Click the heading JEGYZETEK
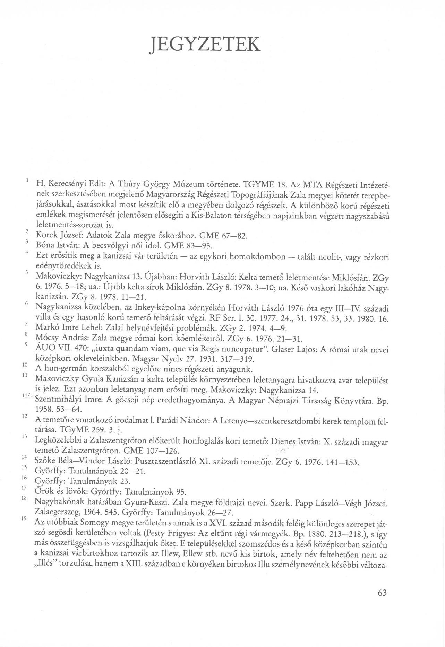click(x=205, y=44)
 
